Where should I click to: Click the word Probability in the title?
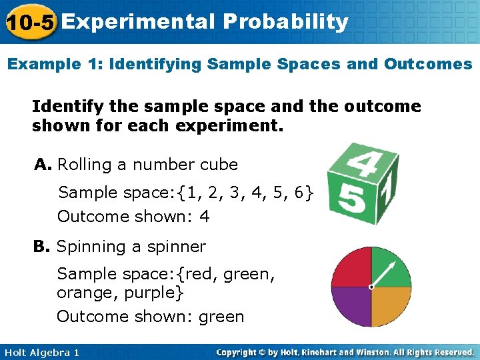click(286, 22)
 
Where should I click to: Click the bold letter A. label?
click(43, 164)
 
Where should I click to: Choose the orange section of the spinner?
click(391, 307)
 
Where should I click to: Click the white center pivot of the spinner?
click(371, 287)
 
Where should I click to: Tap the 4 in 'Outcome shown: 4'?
click(205, 217)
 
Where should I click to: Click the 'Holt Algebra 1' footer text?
click(41, 352)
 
